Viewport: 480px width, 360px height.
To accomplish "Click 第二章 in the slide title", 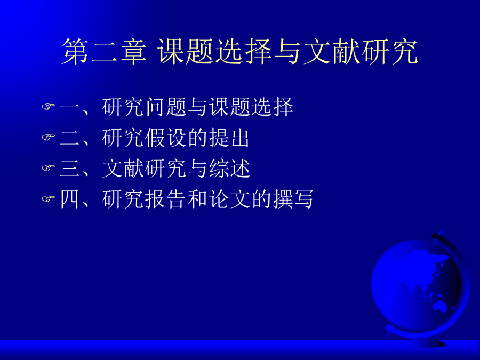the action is [104, 51].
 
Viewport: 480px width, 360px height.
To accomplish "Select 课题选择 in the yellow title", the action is [214, 51].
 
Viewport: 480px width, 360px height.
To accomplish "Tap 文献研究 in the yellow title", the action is [361, 51].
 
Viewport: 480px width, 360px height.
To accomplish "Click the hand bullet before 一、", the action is [49, 107].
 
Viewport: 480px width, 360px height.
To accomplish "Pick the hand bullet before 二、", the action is [49, 137].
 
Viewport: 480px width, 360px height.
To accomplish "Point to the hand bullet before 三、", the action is [49, 168].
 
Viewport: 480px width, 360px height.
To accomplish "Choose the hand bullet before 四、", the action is [49, 199].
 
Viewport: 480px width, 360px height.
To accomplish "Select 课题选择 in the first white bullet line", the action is [251, 107].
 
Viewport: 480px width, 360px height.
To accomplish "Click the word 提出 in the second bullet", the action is [229, 138].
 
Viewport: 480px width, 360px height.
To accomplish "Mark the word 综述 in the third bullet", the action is [229, 168].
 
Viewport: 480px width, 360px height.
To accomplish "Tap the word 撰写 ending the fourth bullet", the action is [293, 199].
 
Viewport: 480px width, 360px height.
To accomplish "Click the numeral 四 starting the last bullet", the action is [69, 199].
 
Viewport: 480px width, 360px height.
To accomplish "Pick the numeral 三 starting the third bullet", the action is [69, 168].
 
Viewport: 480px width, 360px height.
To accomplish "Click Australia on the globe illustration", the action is [439, 306].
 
